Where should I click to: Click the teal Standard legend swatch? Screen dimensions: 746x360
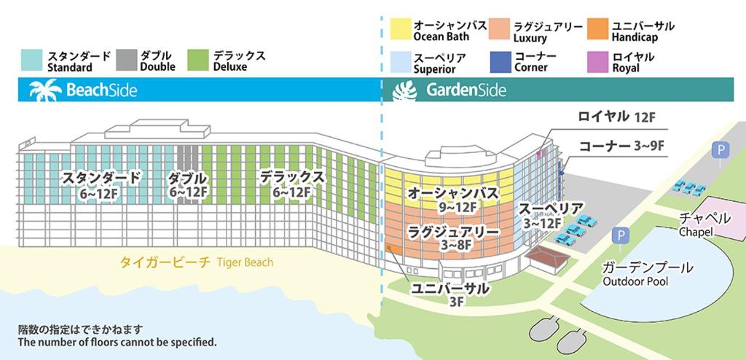pyautogui.click(x=31, y=60)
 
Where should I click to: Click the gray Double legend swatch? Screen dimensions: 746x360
pyautogui.click(x=126, y=60)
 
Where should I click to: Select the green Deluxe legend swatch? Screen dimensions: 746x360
pyautogui.click(x=198, y=60)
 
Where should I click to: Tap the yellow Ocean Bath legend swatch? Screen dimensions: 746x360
pyautogui.click(x=401, y=28)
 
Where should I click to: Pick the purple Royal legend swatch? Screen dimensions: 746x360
pyautogui.click(x=597, y=62)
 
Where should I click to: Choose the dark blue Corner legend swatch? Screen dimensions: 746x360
pyautogui.click(x=500, y=62)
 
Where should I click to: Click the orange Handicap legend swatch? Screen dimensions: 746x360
pyautogui.click(x=597, y=28)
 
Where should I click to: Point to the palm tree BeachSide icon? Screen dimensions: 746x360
pyautogui.click(x=45, y=90)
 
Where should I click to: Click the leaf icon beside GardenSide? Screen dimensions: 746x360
pyautogui.click(x=404, y=90)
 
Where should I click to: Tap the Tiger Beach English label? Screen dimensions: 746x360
pyautogui.click(x=245, y=262)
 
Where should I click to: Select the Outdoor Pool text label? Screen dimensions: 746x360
pyautogui.click(x=635, y=281)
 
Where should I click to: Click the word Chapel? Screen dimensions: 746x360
pyautogui.click(x=696, y=232)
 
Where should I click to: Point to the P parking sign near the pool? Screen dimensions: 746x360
pyautogui.click(x=620, y=235)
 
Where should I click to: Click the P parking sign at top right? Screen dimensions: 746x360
pyautogui.click(x=721, y=150)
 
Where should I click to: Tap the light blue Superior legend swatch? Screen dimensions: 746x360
pyautogui.click(x=401, y=62)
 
